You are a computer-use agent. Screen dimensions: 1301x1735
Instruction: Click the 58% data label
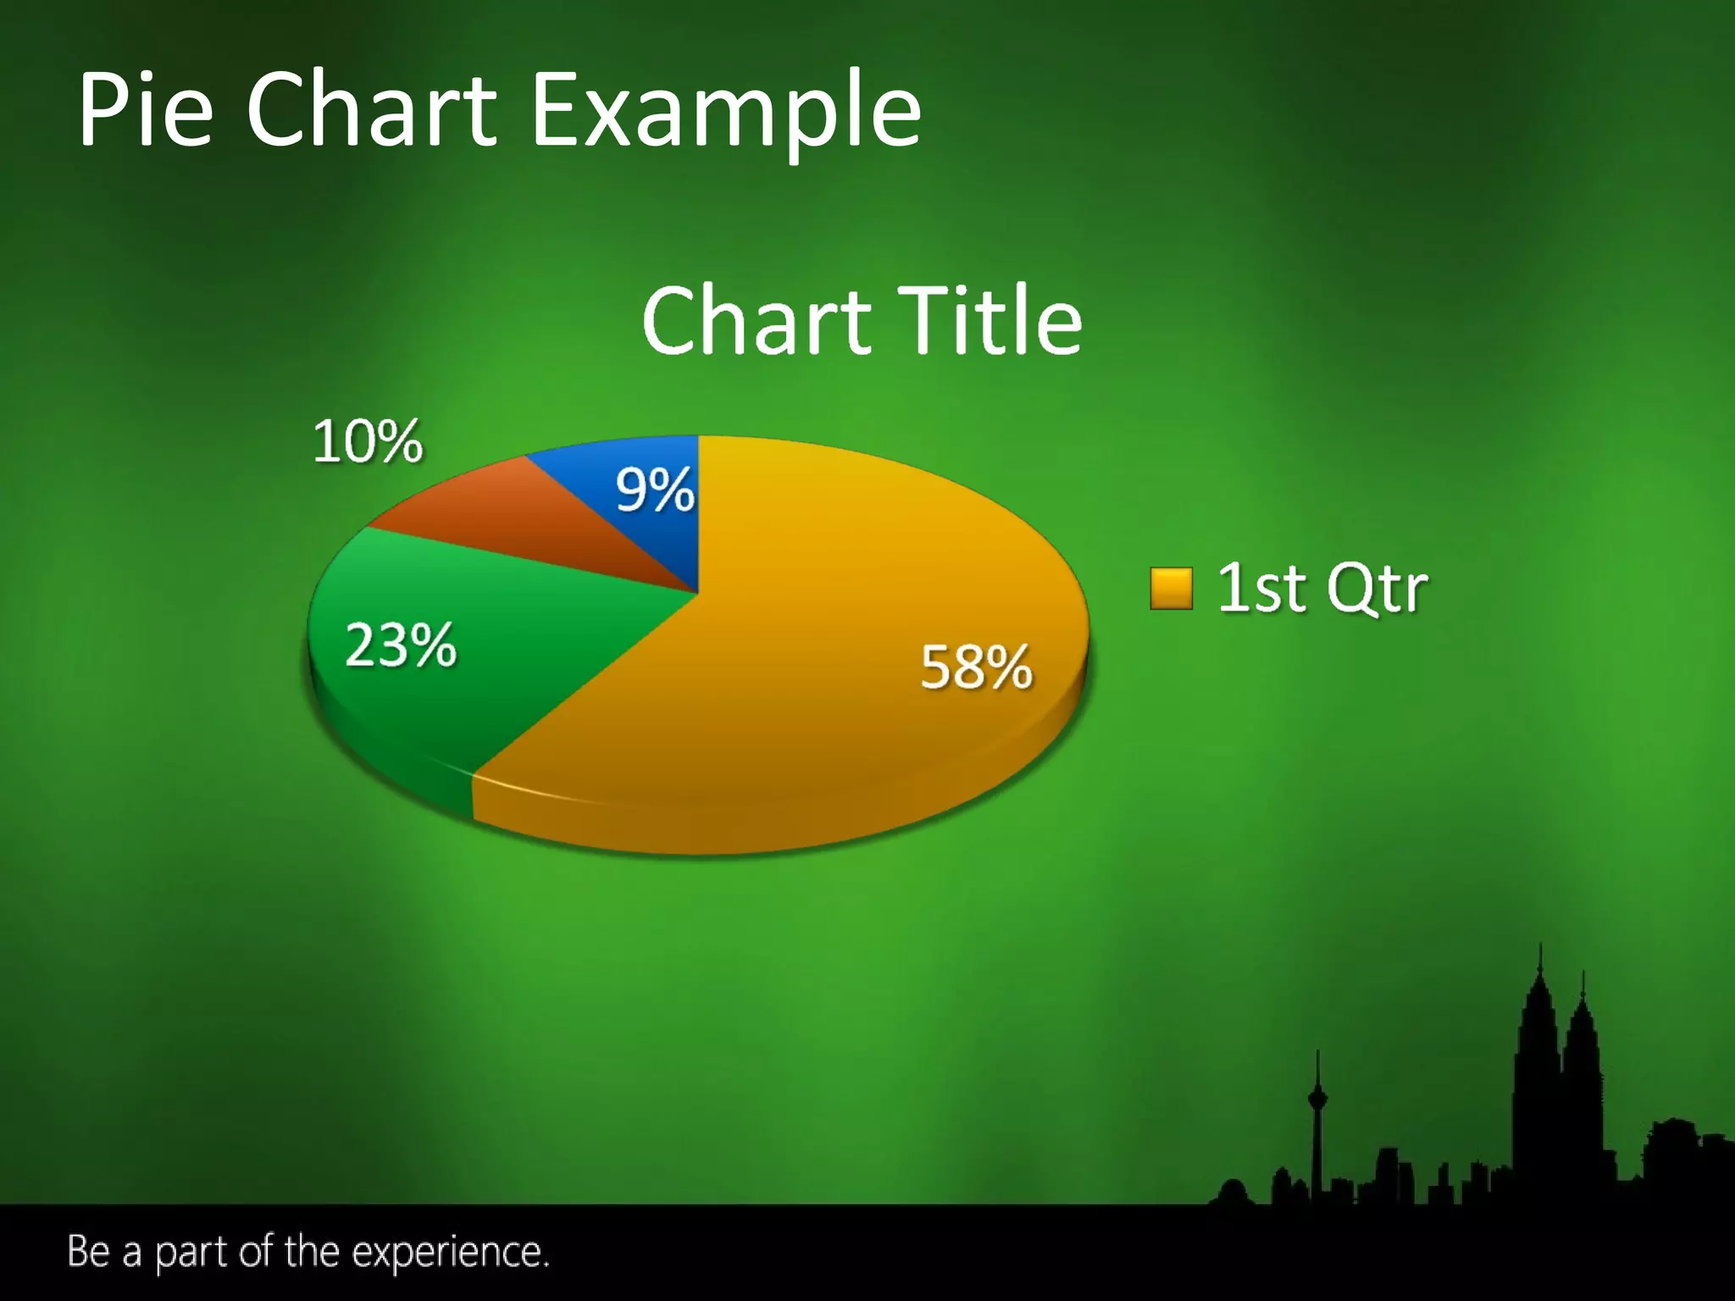[976, 667]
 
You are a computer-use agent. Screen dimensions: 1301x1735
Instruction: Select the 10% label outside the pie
[367, 441]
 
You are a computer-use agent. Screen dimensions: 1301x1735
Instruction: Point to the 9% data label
[654, 490]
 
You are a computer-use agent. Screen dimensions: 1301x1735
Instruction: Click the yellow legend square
[1171, 589]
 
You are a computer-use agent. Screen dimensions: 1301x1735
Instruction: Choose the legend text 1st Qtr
[1322, 588]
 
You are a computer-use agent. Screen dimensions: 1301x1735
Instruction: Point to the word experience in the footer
[450, 1253]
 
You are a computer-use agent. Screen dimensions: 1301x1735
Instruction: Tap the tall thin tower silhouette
[1316, 1118]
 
